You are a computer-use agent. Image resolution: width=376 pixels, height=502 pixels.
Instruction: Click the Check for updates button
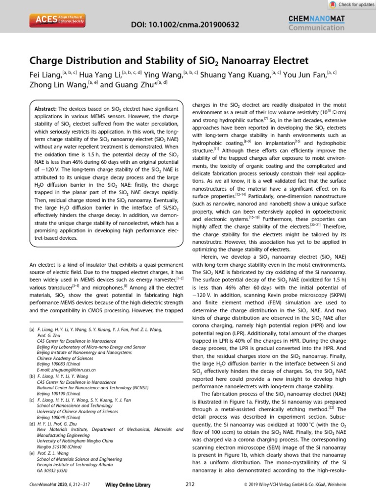pos(351,4)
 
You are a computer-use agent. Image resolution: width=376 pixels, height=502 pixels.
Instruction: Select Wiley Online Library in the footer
pos(127,485)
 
